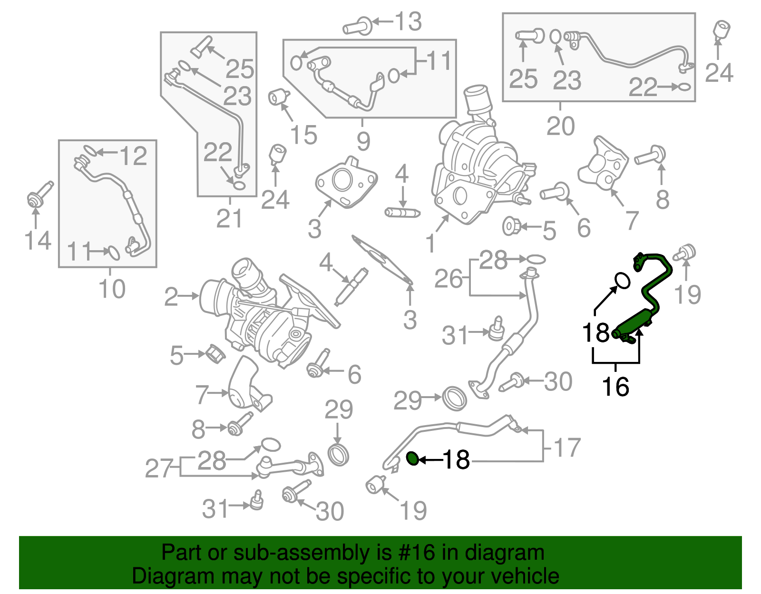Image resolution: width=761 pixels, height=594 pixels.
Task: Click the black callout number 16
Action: coord(615,387)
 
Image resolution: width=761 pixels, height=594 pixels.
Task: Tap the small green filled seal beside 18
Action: coord(413,458)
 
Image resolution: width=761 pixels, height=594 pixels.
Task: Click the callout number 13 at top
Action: coord(408,22)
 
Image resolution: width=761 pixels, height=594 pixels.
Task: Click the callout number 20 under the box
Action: coord(560,126)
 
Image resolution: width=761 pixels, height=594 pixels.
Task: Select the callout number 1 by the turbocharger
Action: coord(431,243)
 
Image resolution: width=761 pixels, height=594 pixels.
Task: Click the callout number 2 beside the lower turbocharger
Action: coord(171,297)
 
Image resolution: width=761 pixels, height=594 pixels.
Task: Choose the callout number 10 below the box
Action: coord(112,289)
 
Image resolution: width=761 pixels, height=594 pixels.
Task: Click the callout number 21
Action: coord(229,219)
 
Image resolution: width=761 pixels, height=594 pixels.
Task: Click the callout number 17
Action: coord(567,448)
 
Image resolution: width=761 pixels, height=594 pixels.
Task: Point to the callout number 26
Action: coord(448,279)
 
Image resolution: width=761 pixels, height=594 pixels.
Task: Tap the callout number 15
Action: coord(303,135)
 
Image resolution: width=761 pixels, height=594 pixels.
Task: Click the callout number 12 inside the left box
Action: coord(133,156)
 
